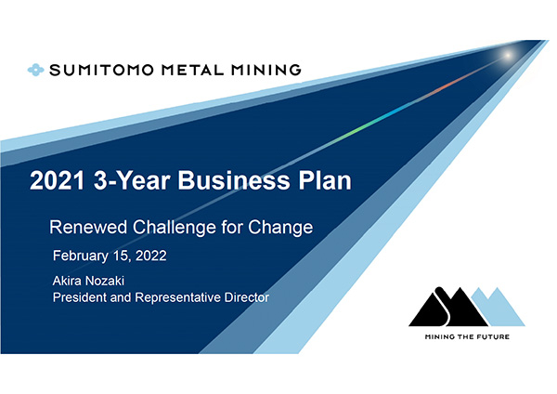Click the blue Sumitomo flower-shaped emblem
pyautogui.click(x=36, y=70)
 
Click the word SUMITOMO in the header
pyautogui.click(x=101, y=70)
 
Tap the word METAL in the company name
pyautogui.click(x=193, y=70)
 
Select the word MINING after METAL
pyautogui.click(x=266, y=70)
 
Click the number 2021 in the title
pyautogui.click(x=58, y=180)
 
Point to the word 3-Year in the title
pyautogui.click(x=132, y=180)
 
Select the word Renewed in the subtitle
pyautogui.click(x=88, y=228)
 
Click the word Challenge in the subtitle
pyautogui.click(x=175, y=228)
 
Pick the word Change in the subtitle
pyautogui.click(x=280, y=228)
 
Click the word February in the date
pyautogui.click(x=81, y=256)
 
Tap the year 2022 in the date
pyautogui.click(x=151, y=256)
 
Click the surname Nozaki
pyautogui.click(x=106, y=281)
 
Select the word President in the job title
pyautogui.click(x=80, y=297)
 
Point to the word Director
pyautogui.click(x=247, y=297)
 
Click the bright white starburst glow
pyautogui.click(x=508, y=56)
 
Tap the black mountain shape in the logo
pyautogui.click(x=448, y=308)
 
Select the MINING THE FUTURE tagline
pyautogui.click(x=467, y=336)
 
